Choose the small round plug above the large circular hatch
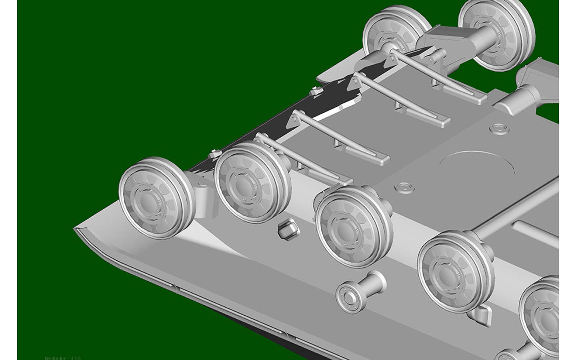click(498, 128)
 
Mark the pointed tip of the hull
click(75, 228)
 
